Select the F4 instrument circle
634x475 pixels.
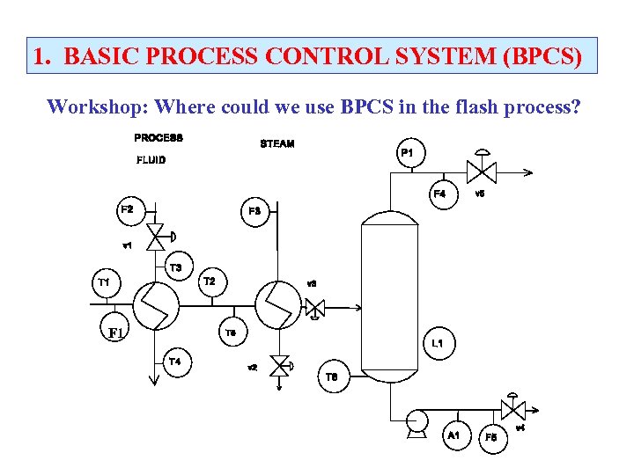(x=439, y=194)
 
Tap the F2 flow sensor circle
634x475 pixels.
(x=128, y=209)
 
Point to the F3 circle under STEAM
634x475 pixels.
(x=254, y=211)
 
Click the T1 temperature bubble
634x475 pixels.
(x=104, y=282)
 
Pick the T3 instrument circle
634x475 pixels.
(x=176, y=267)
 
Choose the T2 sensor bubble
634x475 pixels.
(x=210, y=281)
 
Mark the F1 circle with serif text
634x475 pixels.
(x=115, y=332)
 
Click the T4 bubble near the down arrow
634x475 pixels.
(x=176, y=362)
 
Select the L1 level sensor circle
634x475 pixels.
(x=437, y=343)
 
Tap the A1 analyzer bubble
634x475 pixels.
(x=454, y=435)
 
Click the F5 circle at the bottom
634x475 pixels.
(x=491, y=437)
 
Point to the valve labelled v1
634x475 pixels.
(x=158, y=235)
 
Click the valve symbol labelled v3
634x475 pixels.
(x=314, y=308)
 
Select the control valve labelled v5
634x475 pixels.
(x=480, y=171)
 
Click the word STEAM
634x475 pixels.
(x=277, y=143)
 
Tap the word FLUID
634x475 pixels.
(x=151, y=160)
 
